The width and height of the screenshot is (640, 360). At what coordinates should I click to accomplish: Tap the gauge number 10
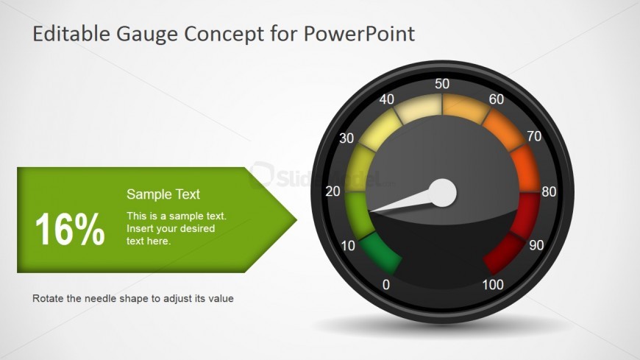click(349, 245)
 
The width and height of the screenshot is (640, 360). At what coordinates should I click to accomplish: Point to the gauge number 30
click(346, 138)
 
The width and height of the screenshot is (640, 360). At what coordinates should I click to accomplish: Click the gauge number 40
click(387, 99)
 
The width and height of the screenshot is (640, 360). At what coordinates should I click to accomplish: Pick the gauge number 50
click(442, 84)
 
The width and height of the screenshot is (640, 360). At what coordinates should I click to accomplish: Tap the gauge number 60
click(497, 99)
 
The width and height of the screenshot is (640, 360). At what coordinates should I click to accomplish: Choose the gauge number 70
click(535, 137)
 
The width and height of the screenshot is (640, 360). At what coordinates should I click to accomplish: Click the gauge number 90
click(536, 246)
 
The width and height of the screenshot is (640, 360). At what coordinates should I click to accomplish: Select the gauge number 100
click(493, 285)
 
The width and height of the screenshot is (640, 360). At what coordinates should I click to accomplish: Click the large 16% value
click(70, 230)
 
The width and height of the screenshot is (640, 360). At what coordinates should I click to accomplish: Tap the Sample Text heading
click(163, 194)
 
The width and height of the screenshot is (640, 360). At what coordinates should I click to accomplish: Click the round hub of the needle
click(443, 193)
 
